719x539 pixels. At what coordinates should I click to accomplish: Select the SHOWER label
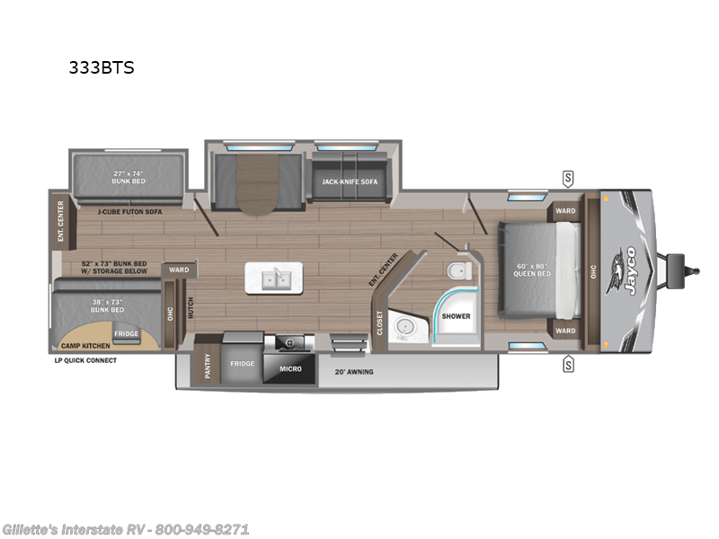pyautogui.click(x=456, y=316)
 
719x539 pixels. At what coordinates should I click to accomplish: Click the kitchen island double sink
pyautogui.click(x=275, y=279)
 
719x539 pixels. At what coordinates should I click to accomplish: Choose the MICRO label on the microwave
pyautogui.click(x=290, y=368)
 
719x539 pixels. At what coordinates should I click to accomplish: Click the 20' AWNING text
pyautogui.click(x=354, y=371)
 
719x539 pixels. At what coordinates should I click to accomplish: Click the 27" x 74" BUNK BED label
pyautogui.click(x=128, y=177)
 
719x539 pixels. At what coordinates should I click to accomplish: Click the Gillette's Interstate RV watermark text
pyautogui.click(x=126, y=529)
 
